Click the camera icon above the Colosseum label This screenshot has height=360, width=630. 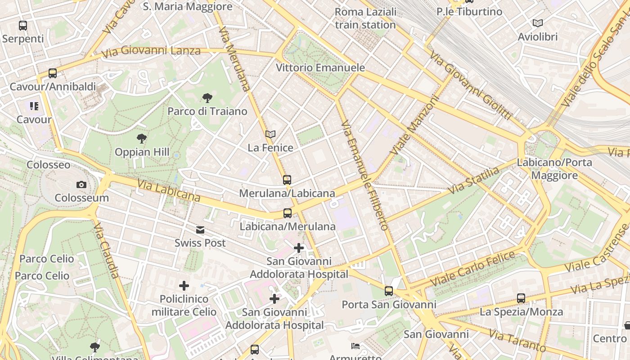[81, 184]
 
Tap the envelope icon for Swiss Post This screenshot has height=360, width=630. [200, 230]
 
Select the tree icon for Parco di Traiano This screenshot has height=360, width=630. [207, 98]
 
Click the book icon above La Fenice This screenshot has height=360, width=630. [270, 134]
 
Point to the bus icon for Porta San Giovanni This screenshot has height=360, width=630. [389, 291]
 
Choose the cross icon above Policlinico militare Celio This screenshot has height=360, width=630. [184, 286]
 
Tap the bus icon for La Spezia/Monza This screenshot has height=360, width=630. [521, 298]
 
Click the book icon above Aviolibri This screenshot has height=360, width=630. [538, 23]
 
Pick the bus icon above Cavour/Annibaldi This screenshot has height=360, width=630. [53, 73]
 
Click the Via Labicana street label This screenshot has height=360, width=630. [169, 191]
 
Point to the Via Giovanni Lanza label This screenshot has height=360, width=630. [151, 51]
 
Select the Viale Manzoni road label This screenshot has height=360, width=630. [414, 125]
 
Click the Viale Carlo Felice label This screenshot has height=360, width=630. [472, 269]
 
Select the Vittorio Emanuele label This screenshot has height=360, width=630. [320, 68]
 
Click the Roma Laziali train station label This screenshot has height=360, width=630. [365, 18]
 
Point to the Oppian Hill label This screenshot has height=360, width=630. [142, 152]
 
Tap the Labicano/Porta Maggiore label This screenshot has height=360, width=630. [554, 169]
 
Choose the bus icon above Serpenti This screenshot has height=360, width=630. [23, 26]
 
